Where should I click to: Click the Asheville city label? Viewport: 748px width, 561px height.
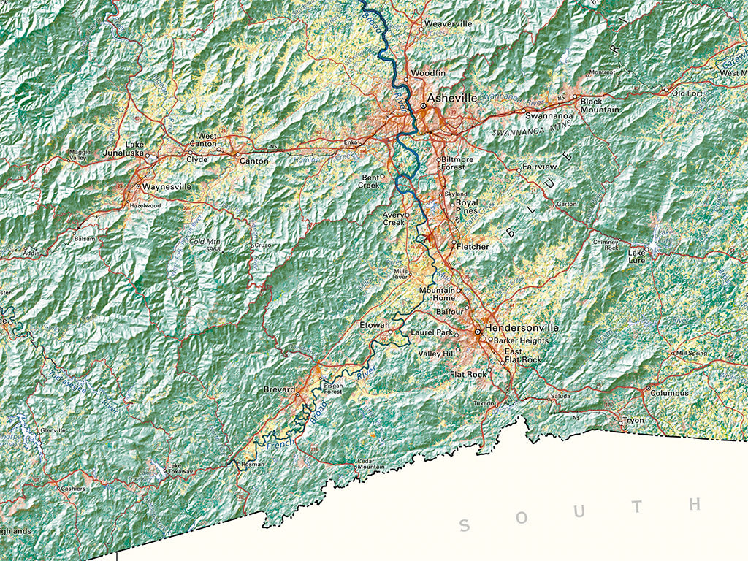pos(452,97)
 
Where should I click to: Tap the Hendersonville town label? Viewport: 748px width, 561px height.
pos(522,328)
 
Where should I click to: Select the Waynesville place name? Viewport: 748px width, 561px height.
pos(167,187)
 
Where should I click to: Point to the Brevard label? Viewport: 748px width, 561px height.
pos(279,390)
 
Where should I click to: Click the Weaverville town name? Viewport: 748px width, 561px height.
pos(448,24)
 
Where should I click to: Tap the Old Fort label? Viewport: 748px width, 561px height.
pos(687,93)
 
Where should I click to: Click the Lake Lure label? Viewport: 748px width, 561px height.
pos(637,256)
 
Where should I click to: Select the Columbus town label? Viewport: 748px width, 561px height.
pos(671,393)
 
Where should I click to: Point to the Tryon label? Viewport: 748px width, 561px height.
pos(633,421)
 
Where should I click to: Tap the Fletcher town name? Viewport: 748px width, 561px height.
pos(473,247)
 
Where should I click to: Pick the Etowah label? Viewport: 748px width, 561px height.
pos(375,324)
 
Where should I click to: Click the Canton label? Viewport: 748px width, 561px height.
pos(253,161)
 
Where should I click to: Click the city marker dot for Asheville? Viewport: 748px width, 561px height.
pos(422,106)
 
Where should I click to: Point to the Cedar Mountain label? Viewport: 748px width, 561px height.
pos(370,464)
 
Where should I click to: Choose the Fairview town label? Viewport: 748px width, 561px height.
pos(540,167)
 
